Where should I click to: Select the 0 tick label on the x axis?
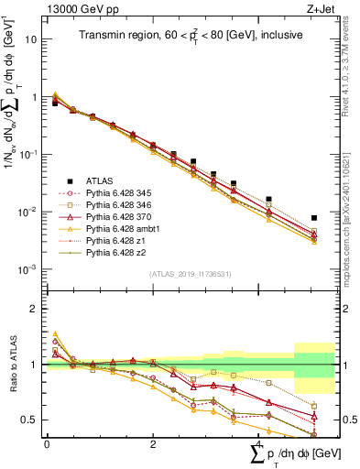click(x=47, y=442)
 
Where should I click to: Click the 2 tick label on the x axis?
click(x=152, y=442)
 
